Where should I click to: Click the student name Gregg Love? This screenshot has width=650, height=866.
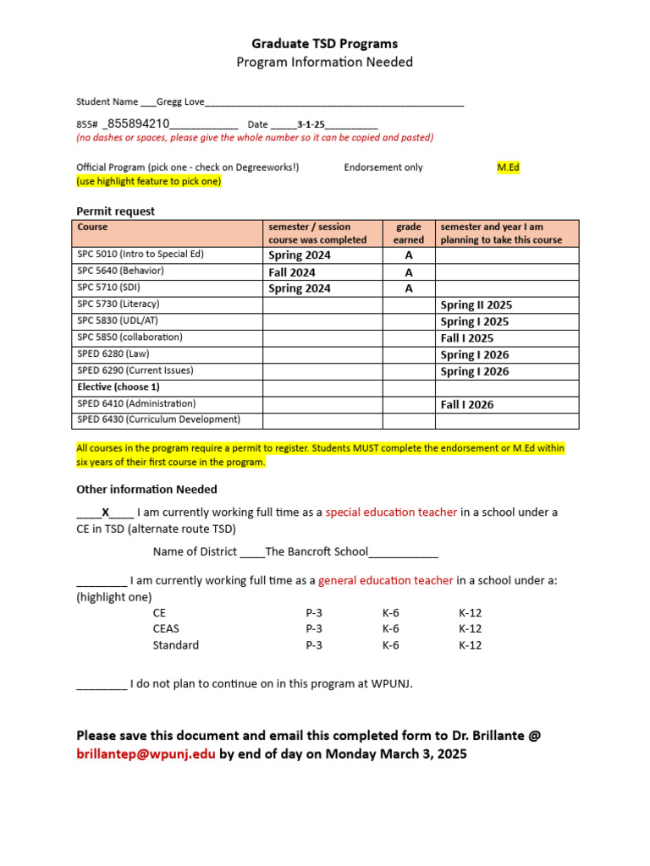180,101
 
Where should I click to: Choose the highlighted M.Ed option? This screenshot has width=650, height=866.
508,167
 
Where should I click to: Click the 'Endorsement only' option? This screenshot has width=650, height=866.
383,167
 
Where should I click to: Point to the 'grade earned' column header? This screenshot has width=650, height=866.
409,233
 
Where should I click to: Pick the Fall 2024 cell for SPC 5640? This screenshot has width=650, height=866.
292,272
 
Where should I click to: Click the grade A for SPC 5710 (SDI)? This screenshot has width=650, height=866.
409,288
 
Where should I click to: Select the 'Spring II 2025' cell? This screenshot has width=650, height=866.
476,305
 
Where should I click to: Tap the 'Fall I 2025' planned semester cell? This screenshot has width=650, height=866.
467,338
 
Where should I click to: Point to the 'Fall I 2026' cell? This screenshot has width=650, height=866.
467,404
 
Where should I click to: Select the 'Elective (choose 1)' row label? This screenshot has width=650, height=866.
118,386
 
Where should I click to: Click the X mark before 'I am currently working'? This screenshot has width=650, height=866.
106,512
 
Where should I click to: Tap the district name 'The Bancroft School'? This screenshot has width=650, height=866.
317,551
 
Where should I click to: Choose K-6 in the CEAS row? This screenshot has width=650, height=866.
391,628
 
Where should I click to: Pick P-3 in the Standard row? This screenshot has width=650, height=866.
314,644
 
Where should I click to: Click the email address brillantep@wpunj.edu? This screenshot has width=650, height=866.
146,753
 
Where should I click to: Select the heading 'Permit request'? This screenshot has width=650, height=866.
116,211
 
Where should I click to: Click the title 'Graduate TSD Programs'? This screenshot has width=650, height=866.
325,43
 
